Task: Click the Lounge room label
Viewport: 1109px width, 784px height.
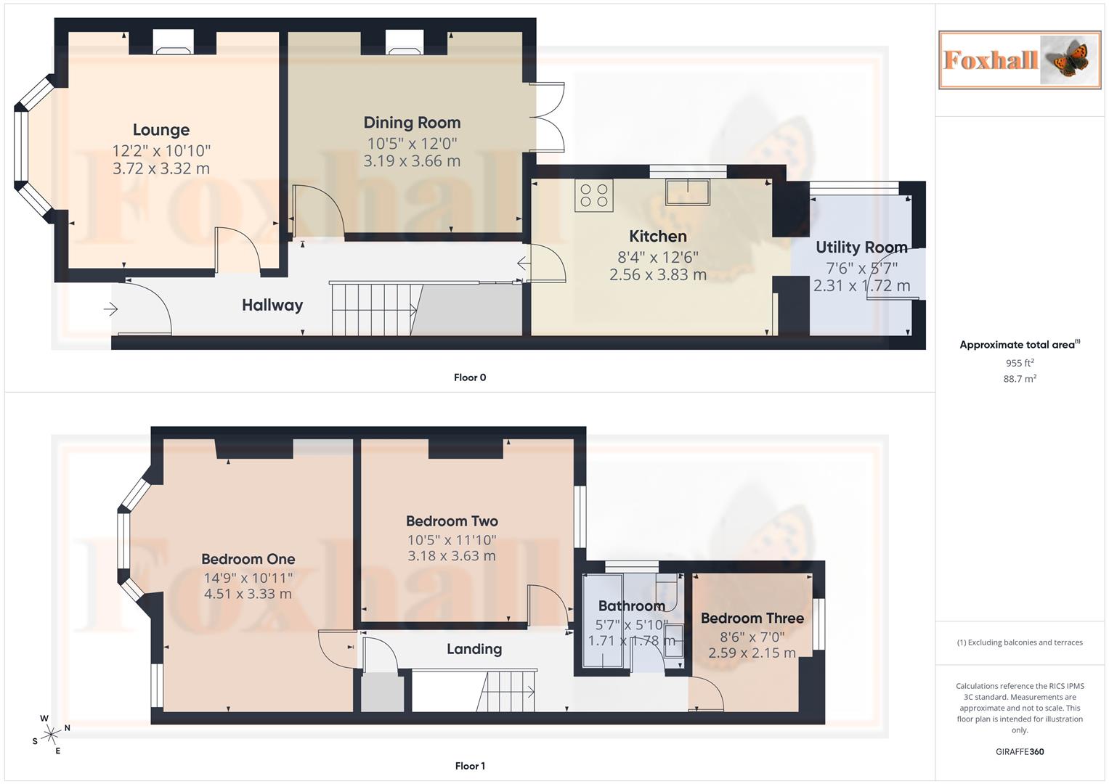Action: click(x=161, y=130)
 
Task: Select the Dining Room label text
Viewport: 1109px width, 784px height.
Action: click(x=412, y=123)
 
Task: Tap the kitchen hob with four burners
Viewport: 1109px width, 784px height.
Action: click(x=593, y=195)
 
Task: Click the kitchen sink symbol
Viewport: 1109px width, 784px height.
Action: click(x=687, y=192)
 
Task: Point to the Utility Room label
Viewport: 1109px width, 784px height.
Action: click(x=861, y=248)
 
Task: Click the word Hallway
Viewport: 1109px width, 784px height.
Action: click(x=272, y=305)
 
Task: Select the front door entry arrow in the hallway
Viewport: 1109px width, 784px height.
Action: click(x=110, y=310)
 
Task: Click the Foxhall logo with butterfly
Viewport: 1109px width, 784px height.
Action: click(x=1019, y=60)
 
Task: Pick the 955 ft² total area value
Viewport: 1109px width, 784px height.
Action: click(x=1020, y=363)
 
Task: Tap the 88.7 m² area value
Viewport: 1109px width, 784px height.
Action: click(x=1020, y=379)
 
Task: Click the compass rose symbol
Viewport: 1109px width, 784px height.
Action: click(x=51, y=735)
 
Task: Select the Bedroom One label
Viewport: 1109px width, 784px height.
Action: click(x=248, y=559)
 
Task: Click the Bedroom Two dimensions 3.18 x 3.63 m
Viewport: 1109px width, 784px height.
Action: click(x=451, y=556)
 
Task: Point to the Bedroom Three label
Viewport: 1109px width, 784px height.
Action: click(x=752, y=618)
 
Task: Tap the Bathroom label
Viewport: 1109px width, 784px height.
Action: click(x=631, y=606)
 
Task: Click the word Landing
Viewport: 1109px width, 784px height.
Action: click(x=474, y=649)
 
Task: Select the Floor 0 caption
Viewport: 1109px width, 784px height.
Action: click(x=470, y=377)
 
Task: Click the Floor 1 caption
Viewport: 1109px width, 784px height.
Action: click(x=470, y=766)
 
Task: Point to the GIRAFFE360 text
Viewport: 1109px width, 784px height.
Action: click(x=1020, y=752)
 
